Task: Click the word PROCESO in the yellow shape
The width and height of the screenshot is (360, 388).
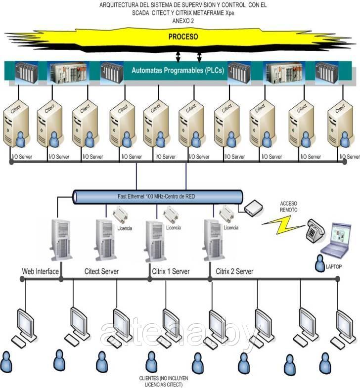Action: tap(183, 37)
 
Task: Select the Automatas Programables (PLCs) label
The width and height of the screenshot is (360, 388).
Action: tap(178, 71)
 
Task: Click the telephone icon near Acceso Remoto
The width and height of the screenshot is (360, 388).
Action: tap(315, 228)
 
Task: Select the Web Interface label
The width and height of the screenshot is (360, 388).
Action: tap(41, 271)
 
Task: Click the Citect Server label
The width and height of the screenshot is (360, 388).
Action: tap(101, 271)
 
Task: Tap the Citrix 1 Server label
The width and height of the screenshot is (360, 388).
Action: tap(171, 271)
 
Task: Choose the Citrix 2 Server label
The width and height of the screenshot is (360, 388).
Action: tap(234, 271)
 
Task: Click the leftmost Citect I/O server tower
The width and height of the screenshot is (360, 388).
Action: tap(15, 124)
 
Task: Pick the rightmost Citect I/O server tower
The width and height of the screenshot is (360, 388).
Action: tap(340, 124)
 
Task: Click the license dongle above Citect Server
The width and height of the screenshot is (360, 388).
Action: tap(121, 216)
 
